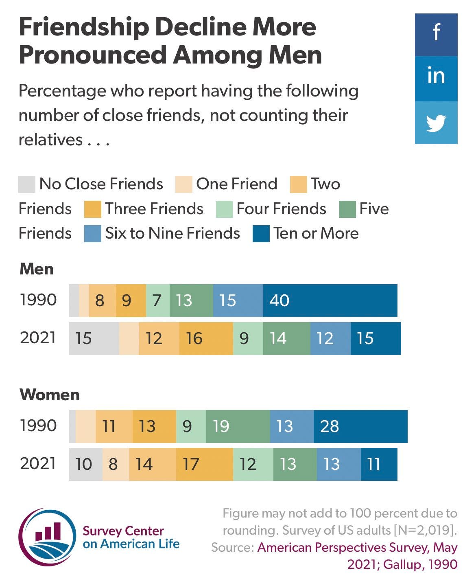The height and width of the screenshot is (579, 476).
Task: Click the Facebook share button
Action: click(x=436, y=35)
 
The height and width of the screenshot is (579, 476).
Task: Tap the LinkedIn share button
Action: click(x=436, y=78)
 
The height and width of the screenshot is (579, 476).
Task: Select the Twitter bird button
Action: click(x=436, y=123)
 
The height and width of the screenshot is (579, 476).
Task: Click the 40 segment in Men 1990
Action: click(x=330, y=300)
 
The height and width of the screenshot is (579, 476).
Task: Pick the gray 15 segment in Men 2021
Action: click(x=94, y=338)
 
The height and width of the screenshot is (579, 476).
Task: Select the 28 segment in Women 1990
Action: click(x=360, y=426)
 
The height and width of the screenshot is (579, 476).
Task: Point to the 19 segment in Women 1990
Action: click(x=238, y=426)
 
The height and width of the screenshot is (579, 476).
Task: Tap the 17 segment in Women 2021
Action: click(x=204, y=464)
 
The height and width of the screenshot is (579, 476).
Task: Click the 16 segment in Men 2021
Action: click(x=206, y=338)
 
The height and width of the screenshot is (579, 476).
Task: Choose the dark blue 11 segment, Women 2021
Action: click(x=379, y=464)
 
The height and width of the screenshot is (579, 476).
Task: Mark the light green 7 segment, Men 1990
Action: click(x=157, y=300)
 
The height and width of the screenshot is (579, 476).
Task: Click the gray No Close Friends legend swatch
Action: click(x=27, y=184)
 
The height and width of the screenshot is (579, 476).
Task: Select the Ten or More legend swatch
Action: click(x=261, y=234)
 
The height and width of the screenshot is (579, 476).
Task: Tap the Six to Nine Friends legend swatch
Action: click(x=92, y=234)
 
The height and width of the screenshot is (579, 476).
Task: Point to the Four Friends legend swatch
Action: click(x=224, y=209)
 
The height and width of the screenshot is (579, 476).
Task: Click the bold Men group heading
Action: click(x=37, y=269)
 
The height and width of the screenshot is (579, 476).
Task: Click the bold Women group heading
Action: click(x=50, y=395)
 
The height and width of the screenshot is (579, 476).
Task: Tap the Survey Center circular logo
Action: click(x=47, y=537)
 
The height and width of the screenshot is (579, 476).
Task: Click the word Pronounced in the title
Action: click(x=93, y=55)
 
